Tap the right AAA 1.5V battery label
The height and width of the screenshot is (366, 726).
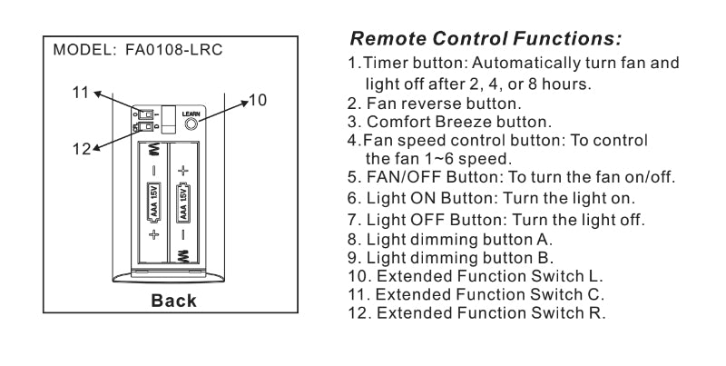tap(184, 201)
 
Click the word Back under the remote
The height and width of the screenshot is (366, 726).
tap(172, 301)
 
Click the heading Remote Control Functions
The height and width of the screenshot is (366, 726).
tap(486, 40)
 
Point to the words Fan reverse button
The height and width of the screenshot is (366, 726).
tap(435, 104)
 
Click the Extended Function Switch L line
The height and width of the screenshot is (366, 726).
tap(476, 277)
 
